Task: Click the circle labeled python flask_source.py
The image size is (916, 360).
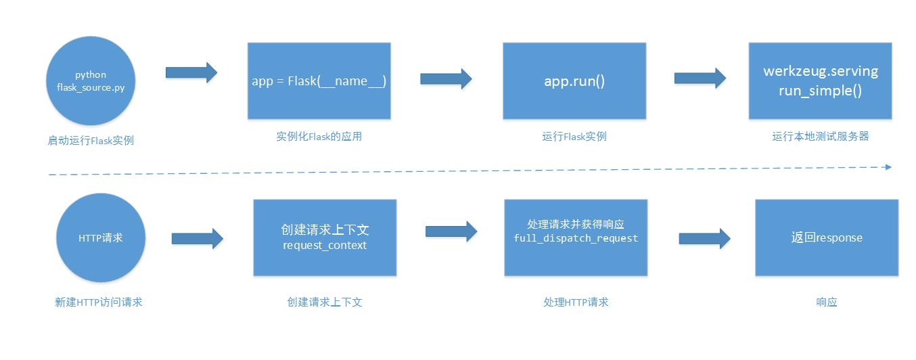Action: (x=91, y=81)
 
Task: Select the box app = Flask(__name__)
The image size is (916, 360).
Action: (x=319, y=81)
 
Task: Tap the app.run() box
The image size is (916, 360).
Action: (x=574, y=81)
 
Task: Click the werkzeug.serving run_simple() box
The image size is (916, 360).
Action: (x=820, y=81)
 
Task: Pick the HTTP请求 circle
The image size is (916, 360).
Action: (x=100, y=238)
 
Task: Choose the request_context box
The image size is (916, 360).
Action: (x=325, y=238)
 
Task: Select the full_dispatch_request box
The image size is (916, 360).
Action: (x=576, y=238)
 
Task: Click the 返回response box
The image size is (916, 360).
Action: (x=827, y=238)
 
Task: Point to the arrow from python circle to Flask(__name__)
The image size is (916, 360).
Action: (x=191, y=72)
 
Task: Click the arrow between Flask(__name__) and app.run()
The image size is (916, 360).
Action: (x=446, y=78)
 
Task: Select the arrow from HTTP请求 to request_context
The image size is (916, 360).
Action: (x=198, y=238)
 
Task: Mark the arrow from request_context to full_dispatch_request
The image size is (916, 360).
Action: (x=451, y=231)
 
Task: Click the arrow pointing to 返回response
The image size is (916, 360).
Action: (x=705, y=238)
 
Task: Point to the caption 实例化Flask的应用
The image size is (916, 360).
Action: (x=319, y=137)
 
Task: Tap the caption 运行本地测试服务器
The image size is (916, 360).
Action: (x=820, y=137)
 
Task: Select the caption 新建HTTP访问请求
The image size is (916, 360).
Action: (x=99, y=302)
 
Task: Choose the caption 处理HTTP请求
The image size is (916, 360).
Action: (x=576, y=302)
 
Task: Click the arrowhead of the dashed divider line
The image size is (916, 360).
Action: (x=888, y=166)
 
